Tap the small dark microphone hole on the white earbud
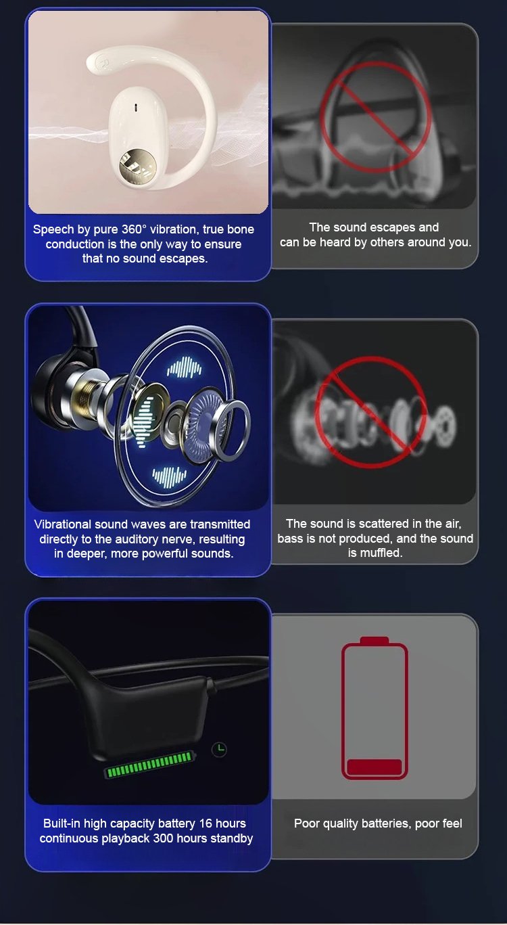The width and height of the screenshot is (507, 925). click(135, 108)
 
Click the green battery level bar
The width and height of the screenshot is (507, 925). click(149, 763)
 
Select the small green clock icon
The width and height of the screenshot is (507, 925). click(219, 749)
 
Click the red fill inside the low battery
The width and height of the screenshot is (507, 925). click(374, 767)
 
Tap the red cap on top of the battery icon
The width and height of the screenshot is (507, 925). click(374, 640)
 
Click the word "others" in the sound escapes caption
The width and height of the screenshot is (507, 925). click(385, 242)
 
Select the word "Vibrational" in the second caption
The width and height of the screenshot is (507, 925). click(63, 524)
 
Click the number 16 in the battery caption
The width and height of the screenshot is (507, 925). click(206, 824)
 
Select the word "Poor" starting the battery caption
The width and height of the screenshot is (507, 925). click(306, 824)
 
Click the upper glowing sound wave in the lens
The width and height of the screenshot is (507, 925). click(184, 367)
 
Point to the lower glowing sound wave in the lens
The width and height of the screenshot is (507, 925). click(169, 477)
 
